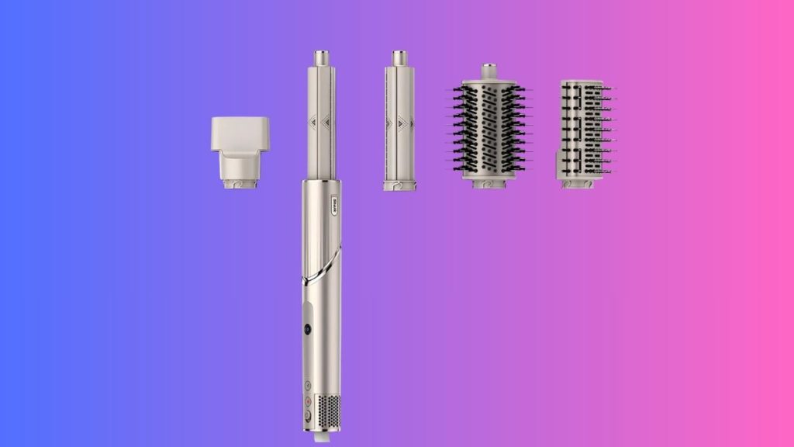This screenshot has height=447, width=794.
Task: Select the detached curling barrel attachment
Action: (400, 124)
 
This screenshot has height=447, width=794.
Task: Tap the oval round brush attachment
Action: (488, 128)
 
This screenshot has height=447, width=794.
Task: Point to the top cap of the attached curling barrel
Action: (321, 59)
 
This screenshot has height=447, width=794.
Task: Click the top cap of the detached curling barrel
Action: (400, 59)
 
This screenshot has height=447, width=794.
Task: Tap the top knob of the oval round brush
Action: (488, 71)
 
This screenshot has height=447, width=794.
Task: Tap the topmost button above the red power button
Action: (308, 386)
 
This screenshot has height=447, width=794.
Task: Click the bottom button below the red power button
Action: (308, 415)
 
